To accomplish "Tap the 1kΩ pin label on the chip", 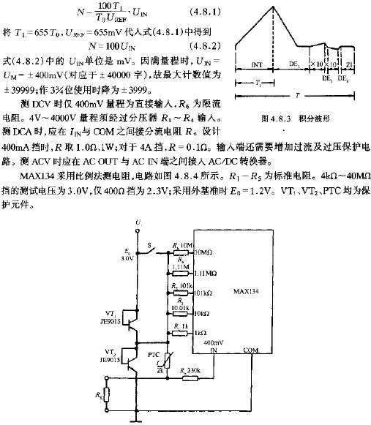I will click(x=201, y=331).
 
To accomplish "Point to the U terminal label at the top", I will click(x=137, y=222).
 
